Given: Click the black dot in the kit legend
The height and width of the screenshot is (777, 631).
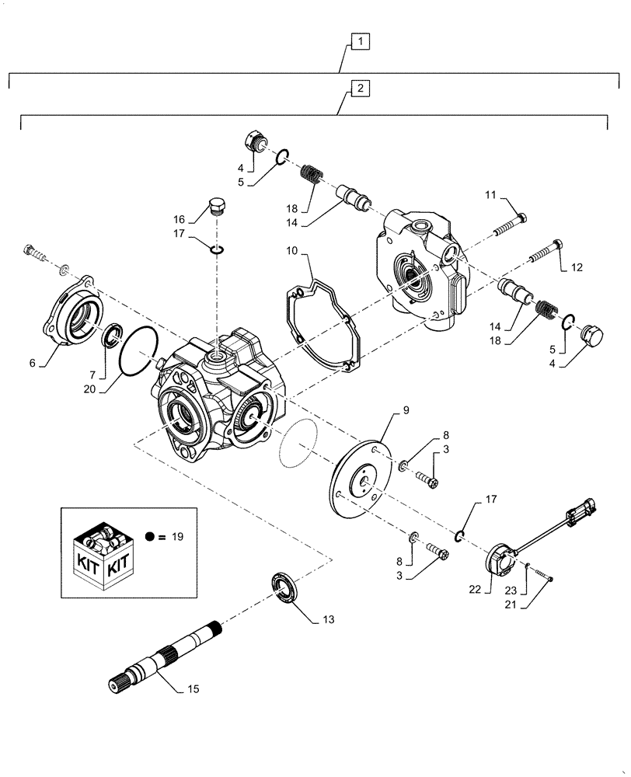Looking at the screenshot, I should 151,536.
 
